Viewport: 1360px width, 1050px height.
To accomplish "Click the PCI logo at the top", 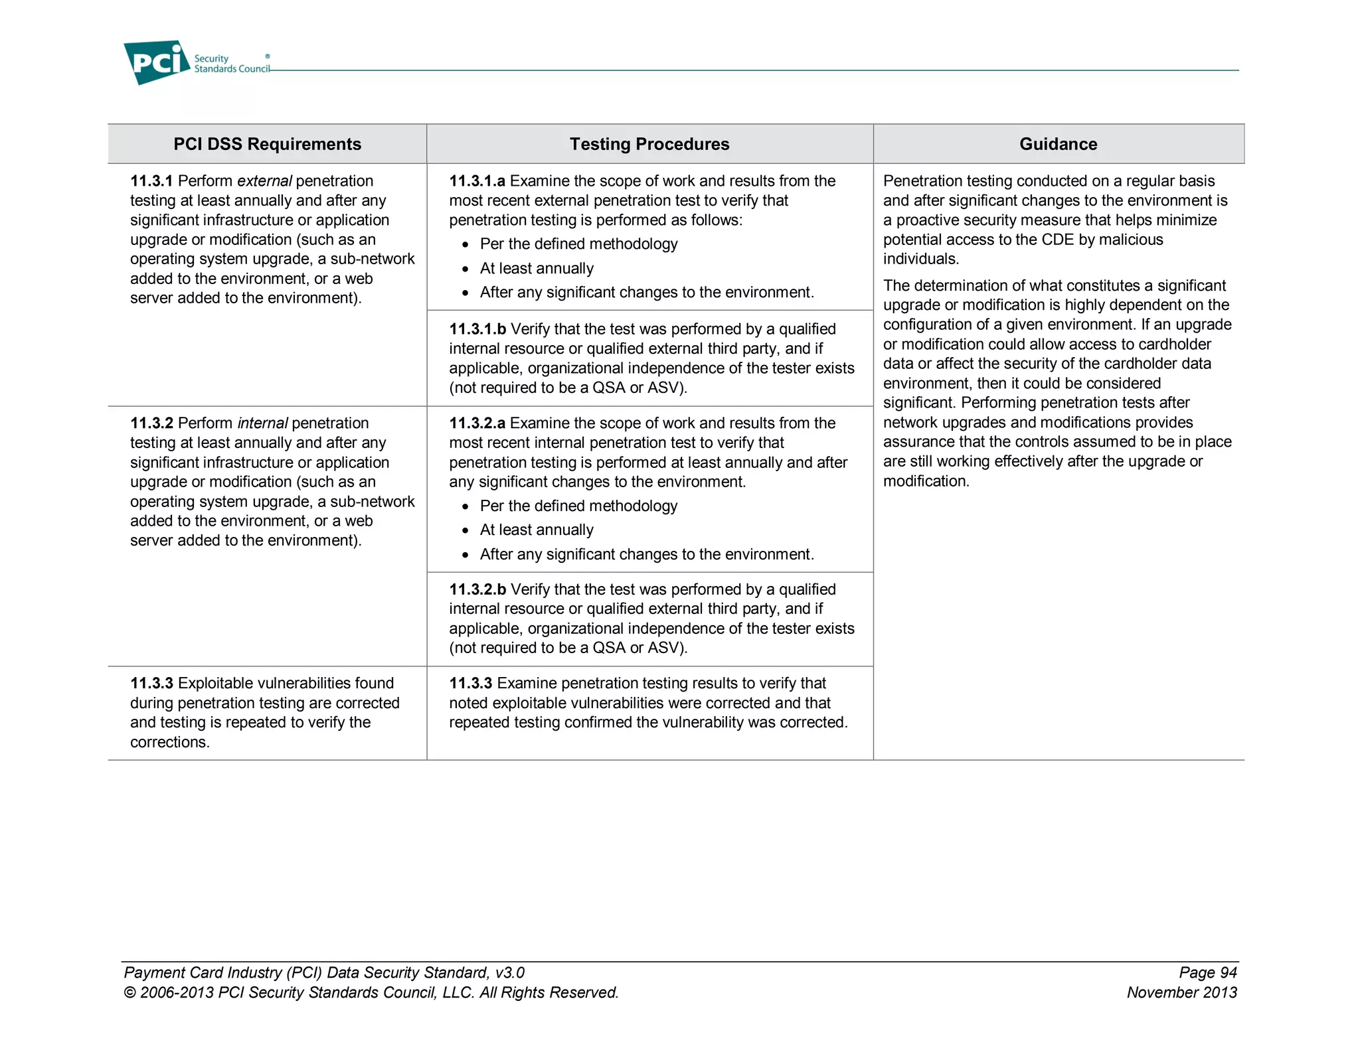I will tap(157, 62).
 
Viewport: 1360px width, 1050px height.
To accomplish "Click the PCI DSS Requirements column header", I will tap(267, 144).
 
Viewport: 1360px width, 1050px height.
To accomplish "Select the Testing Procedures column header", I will tap(649, 144).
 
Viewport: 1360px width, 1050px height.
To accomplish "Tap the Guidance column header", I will tap(1058, 144).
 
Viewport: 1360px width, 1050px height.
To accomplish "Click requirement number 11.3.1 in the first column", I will tap(151, 181).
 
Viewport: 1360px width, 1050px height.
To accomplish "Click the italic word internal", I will tap(262, 423).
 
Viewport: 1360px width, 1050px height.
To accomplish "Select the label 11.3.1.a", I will tap(477, 181).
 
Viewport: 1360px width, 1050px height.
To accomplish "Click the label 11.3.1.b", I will tap(477, 329).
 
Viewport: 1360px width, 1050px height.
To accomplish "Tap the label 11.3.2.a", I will tap(477, 423).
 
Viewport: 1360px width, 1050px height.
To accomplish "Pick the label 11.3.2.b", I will tap(477, 589).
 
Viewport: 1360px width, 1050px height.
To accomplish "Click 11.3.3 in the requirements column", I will tap(151, 684).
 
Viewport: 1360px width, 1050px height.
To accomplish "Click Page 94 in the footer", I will tap(1207, 973).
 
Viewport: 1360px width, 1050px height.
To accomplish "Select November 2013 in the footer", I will tap(1181, 993).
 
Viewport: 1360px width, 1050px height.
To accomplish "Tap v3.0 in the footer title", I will tap(509, 973).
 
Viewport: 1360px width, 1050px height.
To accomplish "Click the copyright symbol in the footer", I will tap(129, 993).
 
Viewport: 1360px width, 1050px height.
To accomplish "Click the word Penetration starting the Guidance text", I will tap(922, 181).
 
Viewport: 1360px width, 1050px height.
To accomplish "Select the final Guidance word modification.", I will tap(926, 481).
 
